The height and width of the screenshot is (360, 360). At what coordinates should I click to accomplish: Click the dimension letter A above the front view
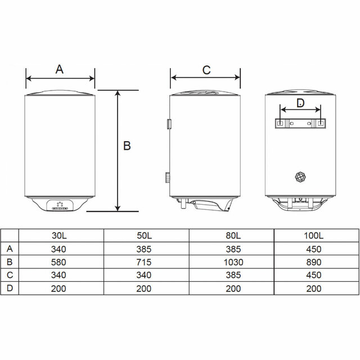(60, 69)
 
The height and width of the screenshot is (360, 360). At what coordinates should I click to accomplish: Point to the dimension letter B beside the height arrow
(127, 146)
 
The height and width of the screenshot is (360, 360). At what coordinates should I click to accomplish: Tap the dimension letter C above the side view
(206, 70)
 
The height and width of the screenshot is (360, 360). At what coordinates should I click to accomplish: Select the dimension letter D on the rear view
(300, 103)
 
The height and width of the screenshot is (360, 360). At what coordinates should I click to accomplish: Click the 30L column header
(59, 236)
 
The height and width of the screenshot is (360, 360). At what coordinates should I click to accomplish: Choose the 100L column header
(314, 236)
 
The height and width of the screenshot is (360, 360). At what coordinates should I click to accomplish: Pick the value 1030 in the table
(233, 262)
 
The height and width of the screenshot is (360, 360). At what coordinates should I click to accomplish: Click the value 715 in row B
(144, 262)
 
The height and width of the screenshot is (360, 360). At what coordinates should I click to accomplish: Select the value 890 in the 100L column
(314, 262)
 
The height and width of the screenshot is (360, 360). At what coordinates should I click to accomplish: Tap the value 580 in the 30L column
(58, 262)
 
